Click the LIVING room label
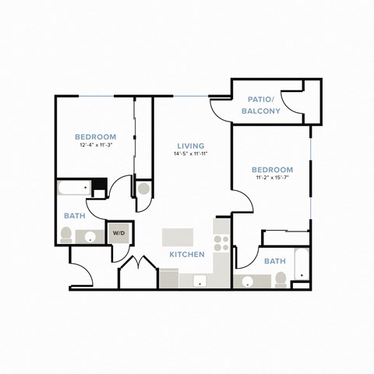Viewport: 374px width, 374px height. pos(190,146)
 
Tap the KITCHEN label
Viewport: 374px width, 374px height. pos(187,255)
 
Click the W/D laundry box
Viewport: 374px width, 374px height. pos(119,232)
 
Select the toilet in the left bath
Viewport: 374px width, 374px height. pos(67,234)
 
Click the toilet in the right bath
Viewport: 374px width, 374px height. pos(280,278)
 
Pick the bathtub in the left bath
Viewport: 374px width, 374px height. pos(75,189)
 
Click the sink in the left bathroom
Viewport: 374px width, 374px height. pos(91,237)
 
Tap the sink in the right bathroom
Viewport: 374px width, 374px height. pos(249,281)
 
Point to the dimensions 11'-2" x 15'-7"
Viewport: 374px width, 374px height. pos(272,178)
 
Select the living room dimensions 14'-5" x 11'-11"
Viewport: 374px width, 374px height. pos(190,154)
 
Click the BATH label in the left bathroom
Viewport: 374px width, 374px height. pos(75,216)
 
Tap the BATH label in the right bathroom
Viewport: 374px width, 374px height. pos(273,261)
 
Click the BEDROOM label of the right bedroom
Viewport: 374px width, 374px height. pos(272,170)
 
